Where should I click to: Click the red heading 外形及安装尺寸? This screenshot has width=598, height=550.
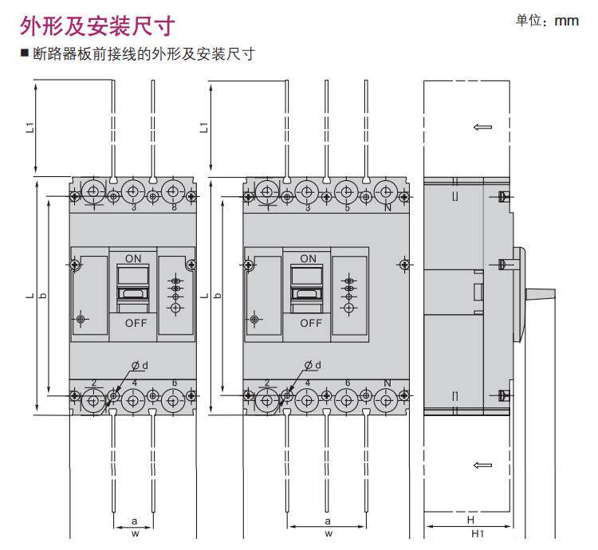click(97, 26)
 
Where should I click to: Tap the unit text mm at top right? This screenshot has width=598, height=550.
click(566, 21)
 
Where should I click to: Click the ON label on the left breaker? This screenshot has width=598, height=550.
click(133, 259)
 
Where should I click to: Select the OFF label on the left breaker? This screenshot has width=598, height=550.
click(136, 323)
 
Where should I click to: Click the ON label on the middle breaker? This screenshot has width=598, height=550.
click(308, 259)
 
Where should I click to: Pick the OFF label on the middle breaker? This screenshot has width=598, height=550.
click(311, 323)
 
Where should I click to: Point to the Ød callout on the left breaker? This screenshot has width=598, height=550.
click(140, 366)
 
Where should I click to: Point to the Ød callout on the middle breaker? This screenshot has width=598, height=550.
click(313, 365)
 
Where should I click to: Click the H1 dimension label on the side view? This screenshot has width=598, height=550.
click(477, 533)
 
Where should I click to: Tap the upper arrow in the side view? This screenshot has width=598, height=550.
click(482, 127)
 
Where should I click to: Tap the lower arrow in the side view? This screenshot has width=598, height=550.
click(482, 465)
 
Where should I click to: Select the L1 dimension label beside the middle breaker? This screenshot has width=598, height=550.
click(204, 128)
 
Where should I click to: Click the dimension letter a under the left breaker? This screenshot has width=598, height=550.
click(134, 521)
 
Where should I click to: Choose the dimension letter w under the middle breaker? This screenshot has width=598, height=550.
click(329, 533)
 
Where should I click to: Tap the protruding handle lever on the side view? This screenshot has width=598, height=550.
click(540, 294)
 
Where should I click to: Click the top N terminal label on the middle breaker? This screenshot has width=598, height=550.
click(388, 208)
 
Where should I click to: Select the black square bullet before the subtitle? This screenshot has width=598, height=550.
click(25, 53)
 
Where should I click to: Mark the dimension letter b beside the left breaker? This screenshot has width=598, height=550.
click(43, 296)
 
